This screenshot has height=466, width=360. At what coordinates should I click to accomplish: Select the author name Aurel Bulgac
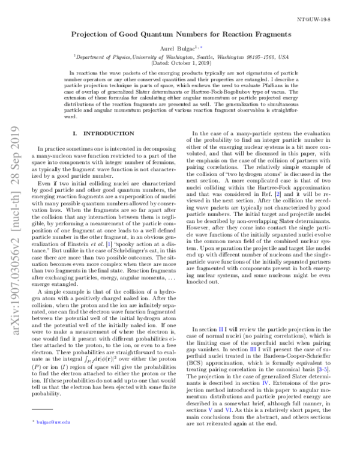coord(176,49)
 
